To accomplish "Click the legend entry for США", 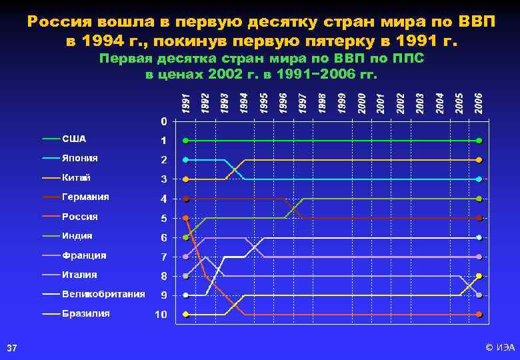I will pos(73,139).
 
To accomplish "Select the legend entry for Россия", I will pos(79,217).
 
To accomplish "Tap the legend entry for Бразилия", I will pos(85,313).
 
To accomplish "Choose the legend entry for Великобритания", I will pos(103,294).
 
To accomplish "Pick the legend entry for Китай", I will pos(76,178).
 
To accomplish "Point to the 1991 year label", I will pos(186,102).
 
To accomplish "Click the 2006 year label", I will pos(478,102).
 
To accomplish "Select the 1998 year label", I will pos(322,102).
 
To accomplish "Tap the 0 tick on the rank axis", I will pos(163,121).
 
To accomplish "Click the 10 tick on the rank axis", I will pos(161,315).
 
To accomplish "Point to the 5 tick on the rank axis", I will pos(163,218).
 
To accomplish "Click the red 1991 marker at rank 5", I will pos(186,218).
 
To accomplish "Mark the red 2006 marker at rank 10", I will pos(479,314).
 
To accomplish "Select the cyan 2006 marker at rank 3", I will pos(479,179).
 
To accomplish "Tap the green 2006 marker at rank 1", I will pos(479,141).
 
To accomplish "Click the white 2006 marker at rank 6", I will pos(479,237).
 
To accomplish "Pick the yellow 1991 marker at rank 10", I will pos(186,314).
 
